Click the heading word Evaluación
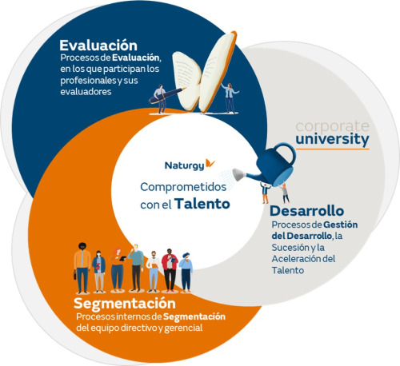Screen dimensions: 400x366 coord(98,45)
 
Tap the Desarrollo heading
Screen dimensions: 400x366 coord(307,211)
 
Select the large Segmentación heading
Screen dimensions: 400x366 coord(125,304)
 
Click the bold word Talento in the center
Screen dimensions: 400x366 coord(202,204)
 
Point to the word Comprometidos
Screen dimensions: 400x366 coord(183,187)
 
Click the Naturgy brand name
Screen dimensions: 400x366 coord(185,165)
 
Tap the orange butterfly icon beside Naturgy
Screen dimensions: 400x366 coord(210,164)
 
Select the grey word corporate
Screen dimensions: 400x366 coord(332,126)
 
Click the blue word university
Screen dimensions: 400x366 coord(332,139)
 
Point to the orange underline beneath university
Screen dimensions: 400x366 coord(332,149)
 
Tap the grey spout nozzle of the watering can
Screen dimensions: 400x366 coord(238,174)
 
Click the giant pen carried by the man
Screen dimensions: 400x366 coord(166,96)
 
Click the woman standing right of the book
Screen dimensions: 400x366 coord(230,98)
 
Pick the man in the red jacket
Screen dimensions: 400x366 coord(170,270)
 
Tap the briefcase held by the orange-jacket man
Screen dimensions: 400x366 coord(75,276)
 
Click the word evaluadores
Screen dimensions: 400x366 coord(86,92)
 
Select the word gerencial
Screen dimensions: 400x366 coord(183,328)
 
